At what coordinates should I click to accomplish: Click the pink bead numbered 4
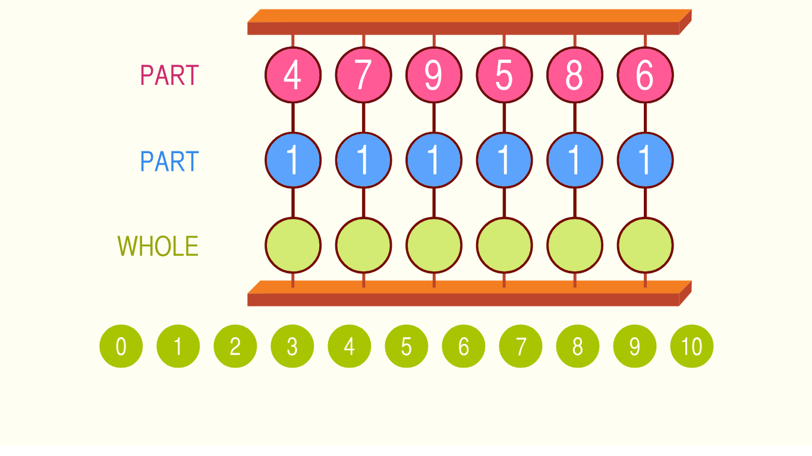(293, 75)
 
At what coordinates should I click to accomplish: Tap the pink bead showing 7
(364, 75)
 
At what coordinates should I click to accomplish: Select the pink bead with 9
(434, 75)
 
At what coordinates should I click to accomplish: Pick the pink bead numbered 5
(504, 75)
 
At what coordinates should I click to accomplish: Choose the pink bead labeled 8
(575, 75)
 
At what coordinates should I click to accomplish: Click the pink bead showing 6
(645, 75)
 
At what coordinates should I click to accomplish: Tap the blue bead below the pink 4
(293, 160)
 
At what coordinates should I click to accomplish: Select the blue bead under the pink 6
(645, 160)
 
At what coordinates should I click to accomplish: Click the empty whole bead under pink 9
(434, 245)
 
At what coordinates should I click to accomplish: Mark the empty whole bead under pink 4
(293, 245)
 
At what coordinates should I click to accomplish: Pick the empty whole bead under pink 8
(575, 245)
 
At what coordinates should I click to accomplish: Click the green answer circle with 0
(121, 346)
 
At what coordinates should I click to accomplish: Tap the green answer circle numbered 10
(692, 346)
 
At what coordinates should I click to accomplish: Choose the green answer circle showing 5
(407, 346)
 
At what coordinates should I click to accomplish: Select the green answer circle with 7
(521, 346)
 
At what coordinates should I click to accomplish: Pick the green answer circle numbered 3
(292, 346)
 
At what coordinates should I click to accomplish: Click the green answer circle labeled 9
(635, 346)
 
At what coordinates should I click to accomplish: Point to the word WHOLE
(158, 246)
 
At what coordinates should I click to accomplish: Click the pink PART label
(169, 75)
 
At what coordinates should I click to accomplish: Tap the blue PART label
(169, 161)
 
